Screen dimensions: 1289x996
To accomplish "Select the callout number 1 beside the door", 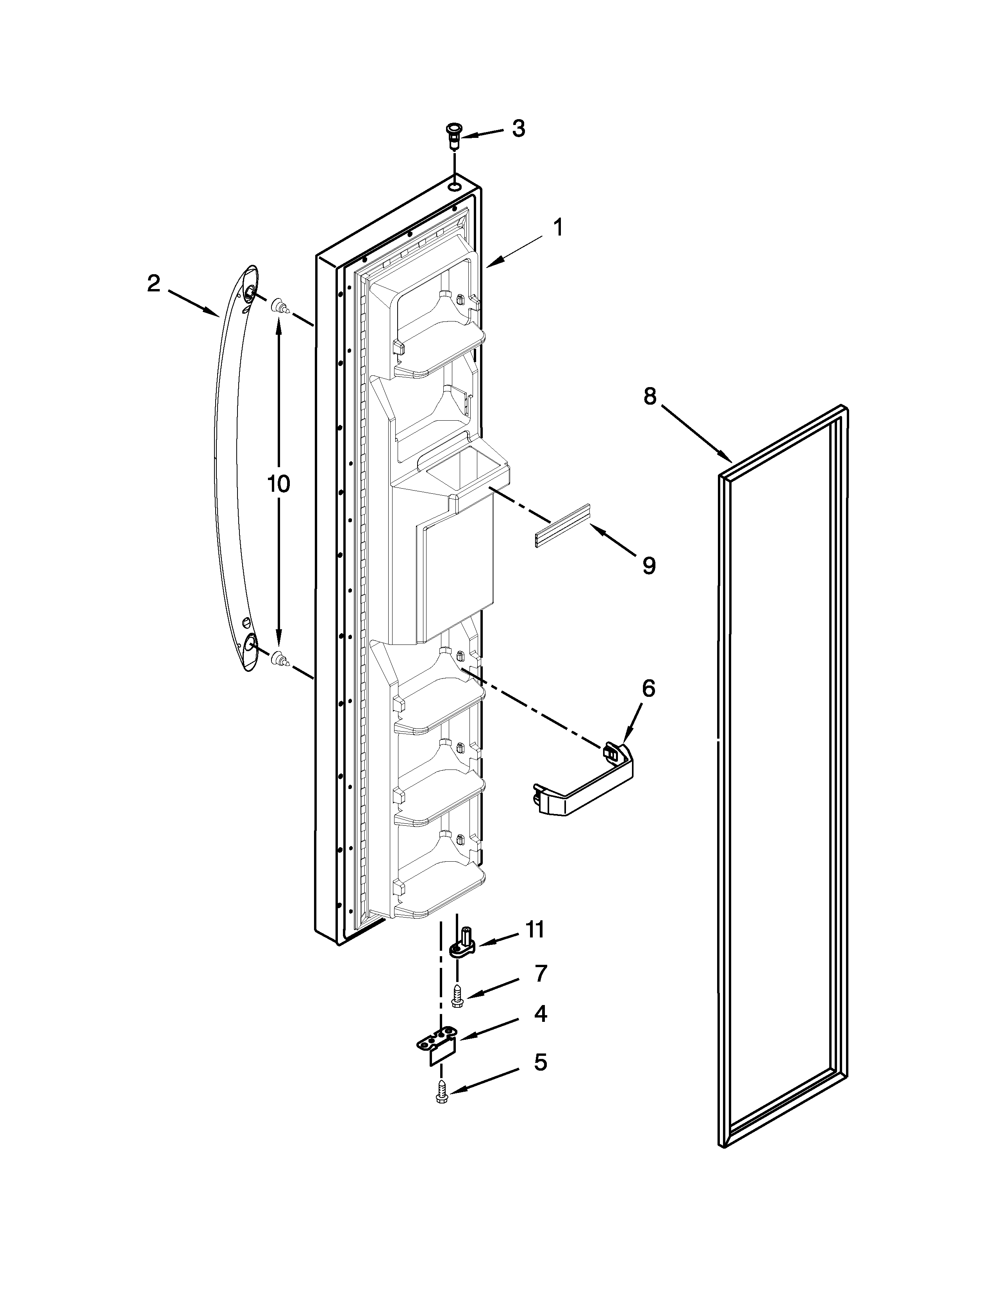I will [x=557, y=227].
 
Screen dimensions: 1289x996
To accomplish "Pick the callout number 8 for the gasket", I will [x=650, y=396].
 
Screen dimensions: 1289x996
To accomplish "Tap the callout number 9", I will [x=648, y=566].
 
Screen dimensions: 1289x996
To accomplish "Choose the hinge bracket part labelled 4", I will [x=439, y=1048].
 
